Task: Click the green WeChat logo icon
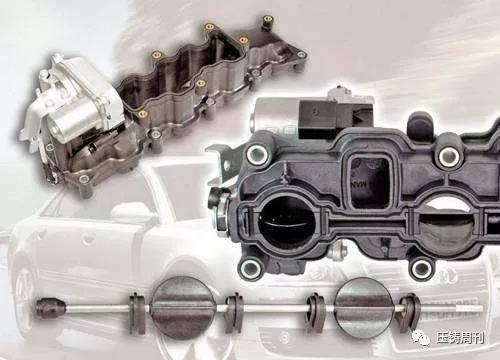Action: pyautogui.click(x=421, y=338)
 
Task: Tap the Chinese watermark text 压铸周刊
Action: pyautogui.click(x=460, y=338)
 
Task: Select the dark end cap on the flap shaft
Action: pyautogui.click(x=51, y=308)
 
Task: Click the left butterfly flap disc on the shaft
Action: pyautogui.click(x=182, y=308)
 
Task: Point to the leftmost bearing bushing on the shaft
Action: pyautogui.click(x=137, y=313)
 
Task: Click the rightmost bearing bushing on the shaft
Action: pyautogui.click(x=409, y=313)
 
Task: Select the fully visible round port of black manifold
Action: pyautogui.click(x=287, y=222)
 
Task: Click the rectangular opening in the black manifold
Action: pyautogui.click(x=370, y=182)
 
